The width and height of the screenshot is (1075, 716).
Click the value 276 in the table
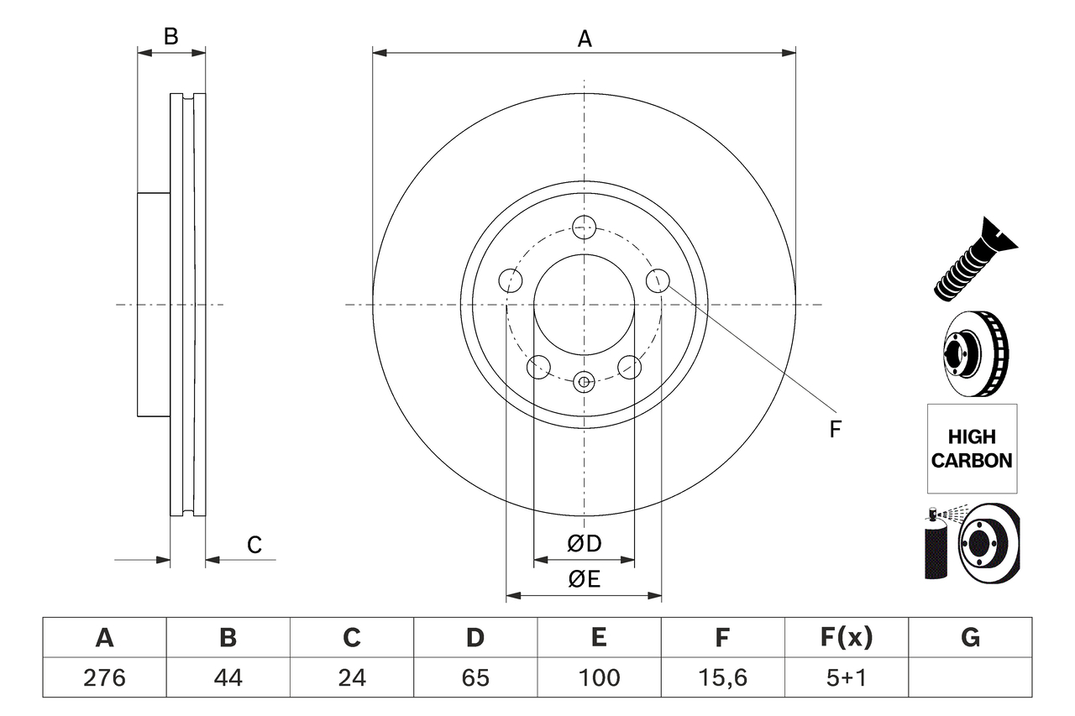click(x=104, y=677)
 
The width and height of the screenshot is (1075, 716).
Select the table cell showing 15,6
click(x=722, y=677)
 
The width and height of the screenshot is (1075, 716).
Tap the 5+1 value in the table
click(x=846, y=677)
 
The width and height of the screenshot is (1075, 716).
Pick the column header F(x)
click(x=846, y=638)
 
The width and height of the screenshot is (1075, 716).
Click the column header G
click(x=970, y=638)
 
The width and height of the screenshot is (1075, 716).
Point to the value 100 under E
click(x=599, y=677)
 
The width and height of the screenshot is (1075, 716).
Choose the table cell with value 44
click(x=228, y=677)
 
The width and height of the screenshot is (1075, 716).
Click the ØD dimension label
click(x=585, y=544)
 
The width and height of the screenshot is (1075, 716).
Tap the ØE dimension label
click(x=585, y=580)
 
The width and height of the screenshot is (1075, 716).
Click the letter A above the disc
click(x=585, y=39)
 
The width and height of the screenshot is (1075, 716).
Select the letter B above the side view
click(x=171, y=37)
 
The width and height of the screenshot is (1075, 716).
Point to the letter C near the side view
click(x=254, y=545)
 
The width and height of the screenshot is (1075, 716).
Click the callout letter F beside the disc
click(x=835, y=430)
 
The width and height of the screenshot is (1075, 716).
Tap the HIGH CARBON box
click(x=972, y=448)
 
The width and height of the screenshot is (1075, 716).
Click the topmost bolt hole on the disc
click(x=584, y=226)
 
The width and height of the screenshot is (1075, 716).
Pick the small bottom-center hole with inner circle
click(x=584, y=382)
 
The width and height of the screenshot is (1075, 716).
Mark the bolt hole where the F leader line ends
click(x=658, y=280)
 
